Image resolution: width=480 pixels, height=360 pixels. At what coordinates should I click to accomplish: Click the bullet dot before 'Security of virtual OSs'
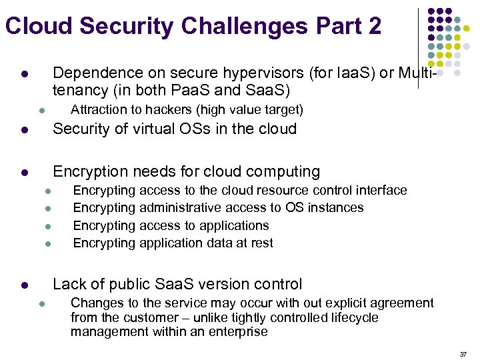pyautogui.click(x=23, y=130)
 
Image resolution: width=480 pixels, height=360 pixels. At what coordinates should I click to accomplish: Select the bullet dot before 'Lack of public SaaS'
pyautogui.click(x=23, y=285)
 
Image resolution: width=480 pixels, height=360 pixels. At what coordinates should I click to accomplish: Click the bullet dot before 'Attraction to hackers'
pyautogui.click(x=41, y=111)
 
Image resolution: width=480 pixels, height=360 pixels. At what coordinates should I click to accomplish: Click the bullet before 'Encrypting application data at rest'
pyautogui.click(x=49, y=244)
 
